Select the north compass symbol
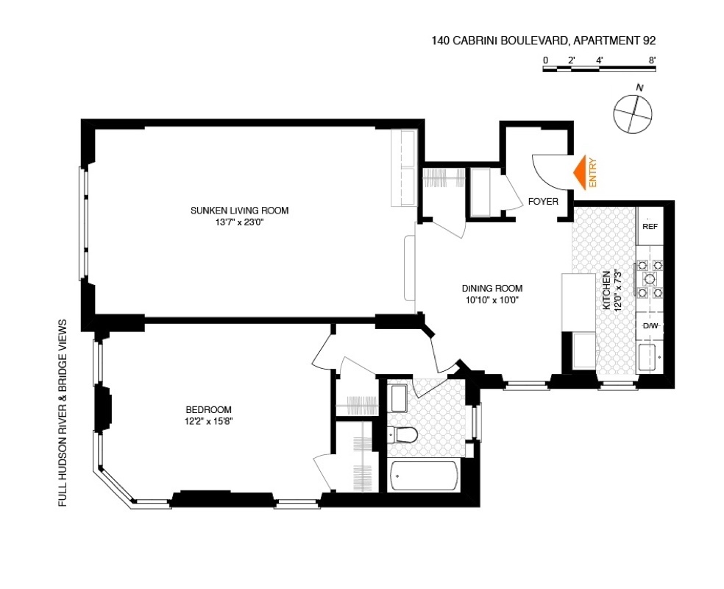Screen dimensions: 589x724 (632, 113)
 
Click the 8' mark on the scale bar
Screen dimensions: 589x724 (652, 60)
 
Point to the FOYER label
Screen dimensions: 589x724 (543, 201)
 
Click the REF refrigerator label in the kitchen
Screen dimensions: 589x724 (650, 226)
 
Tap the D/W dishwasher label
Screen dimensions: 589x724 (650, 325)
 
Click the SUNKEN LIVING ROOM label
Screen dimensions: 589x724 (240, 211)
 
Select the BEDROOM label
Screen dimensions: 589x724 (209, 410)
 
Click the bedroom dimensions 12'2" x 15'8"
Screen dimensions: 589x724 (209, 421)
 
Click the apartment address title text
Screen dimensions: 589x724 (544, 42)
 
